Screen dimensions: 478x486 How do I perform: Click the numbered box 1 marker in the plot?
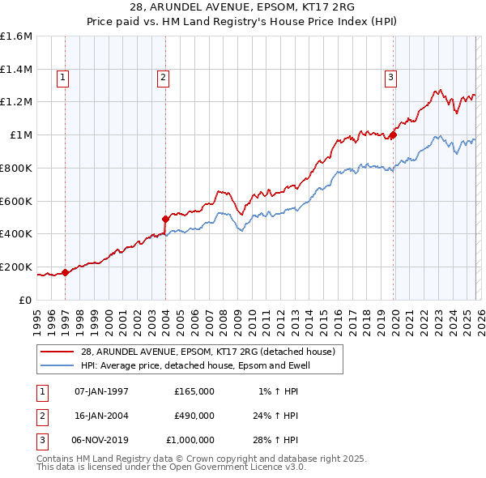coord(63,78)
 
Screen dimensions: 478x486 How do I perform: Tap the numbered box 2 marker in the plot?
coord(163,78)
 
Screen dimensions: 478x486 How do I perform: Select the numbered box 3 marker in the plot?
coord(390,78)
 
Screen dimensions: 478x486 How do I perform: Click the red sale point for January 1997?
coord(66,272)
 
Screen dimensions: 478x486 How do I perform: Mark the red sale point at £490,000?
coord(165,219)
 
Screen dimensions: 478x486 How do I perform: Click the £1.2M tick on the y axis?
coord(16,102)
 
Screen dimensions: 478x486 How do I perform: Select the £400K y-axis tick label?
coord(16,234)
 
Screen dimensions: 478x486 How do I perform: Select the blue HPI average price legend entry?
coord(195,365)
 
